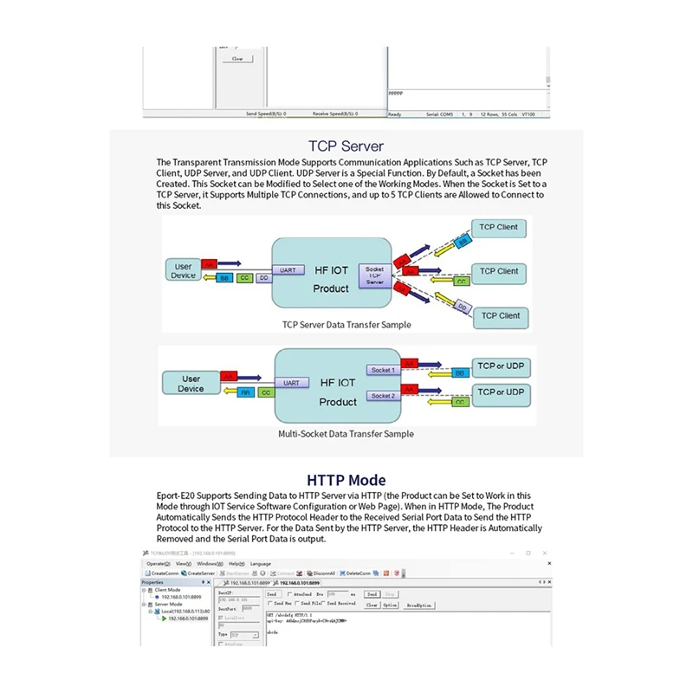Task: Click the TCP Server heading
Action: [x=346, y=146]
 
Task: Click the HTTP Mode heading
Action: [x=346, y=480]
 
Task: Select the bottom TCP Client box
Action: [x=501, y=316]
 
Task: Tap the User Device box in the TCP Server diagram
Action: [x=184, y=271]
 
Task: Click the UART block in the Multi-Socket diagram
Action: [x=292, y=383]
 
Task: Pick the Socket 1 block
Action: [x=382, y=370]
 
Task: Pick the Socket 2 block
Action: [x=382, y=396]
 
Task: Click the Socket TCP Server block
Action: [x=374, y=275]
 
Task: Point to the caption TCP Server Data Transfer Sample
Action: [x=346, y=325]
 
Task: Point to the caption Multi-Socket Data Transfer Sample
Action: [x=346, y=433]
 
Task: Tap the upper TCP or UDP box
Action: [x=502, y=366]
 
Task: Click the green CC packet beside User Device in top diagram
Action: [x=244, y=278]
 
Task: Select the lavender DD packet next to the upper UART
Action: [x=262, y=278]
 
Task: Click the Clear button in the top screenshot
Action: [x=236, y=59]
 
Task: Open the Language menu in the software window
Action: [x=261, y=563]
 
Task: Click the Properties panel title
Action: [x=152, y=582]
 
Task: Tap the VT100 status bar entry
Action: [x=528, y=113]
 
